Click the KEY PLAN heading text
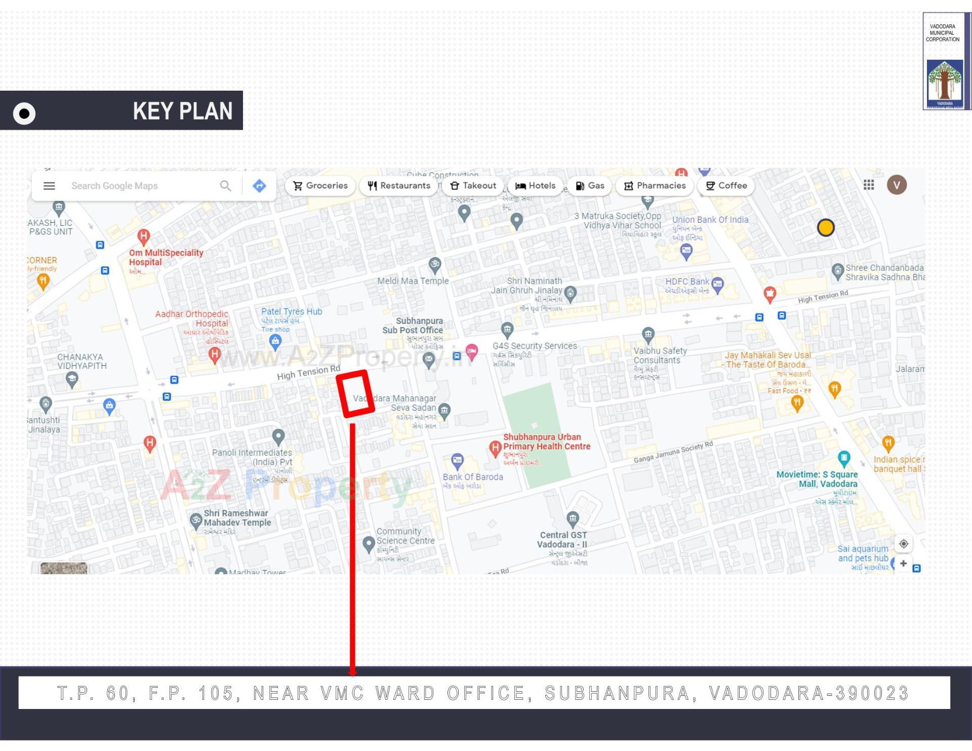(182, 111)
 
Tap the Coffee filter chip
(726, 186)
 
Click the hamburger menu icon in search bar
(49, 186)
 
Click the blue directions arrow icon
(259, 186)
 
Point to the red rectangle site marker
(355, 394)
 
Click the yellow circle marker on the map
(826, 228)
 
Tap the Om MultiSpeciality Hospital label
(166, 257)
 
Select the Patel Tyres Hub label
(291, 312)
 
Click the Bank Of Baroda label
(473, 477)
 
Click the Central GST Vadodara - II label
(563, 540)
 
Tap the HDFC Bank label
(687, 282)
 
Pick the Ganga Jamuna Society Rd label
(673, 452)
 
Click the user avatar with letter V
(897, 185)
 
